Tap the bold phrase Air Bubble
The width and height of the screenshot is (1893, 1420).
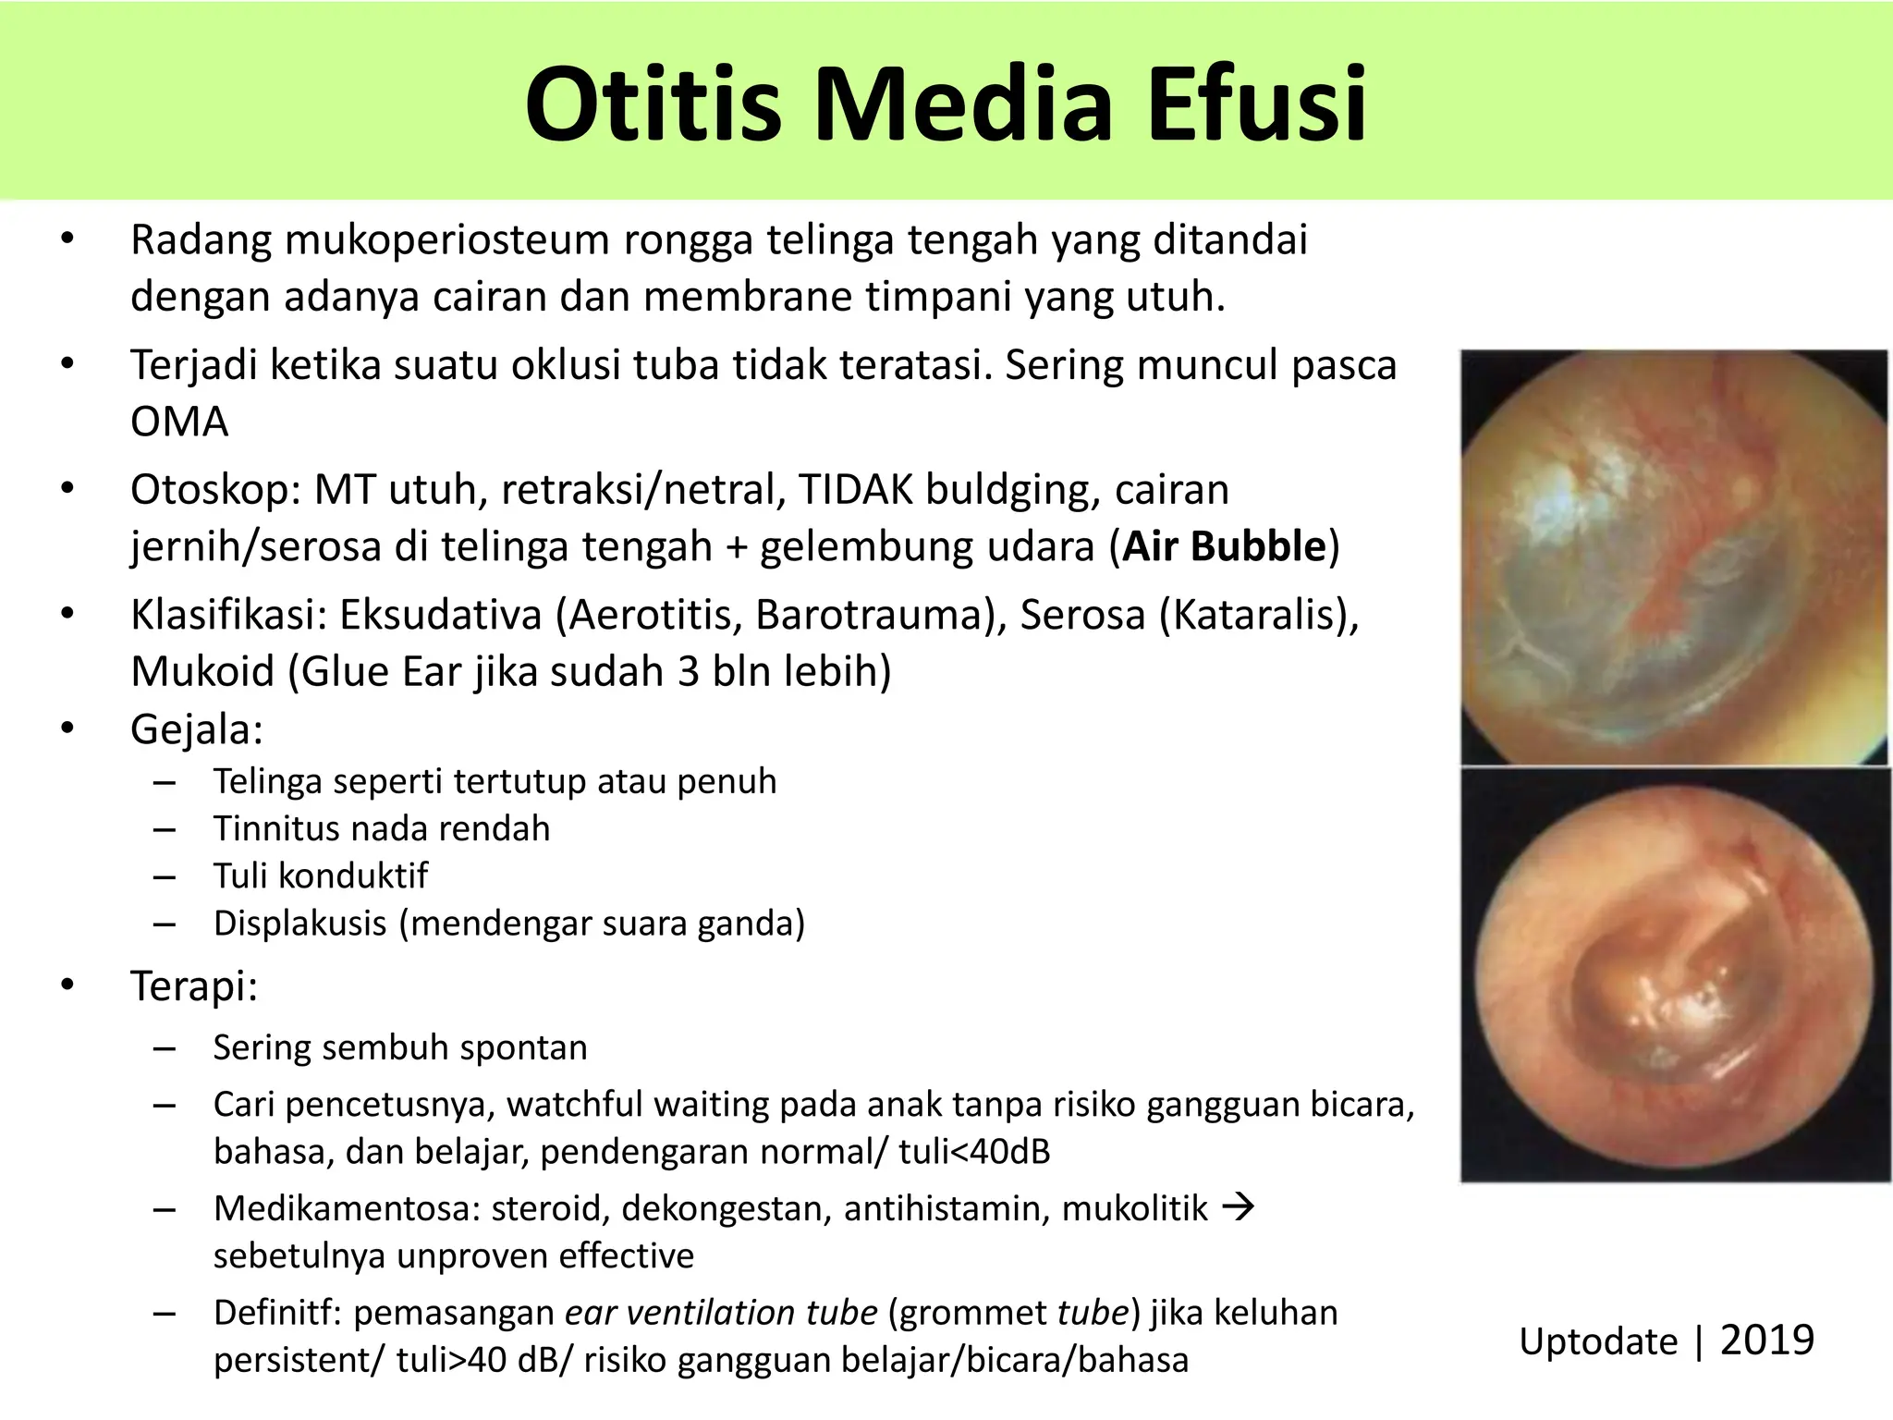[1224, 546]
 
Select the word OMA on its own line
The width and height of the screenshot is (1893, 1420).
[179, 422]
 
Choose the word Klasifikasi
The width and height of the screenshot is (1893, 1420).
[227, 615]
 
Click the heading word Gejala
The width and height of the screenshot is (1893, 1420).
[195, 729]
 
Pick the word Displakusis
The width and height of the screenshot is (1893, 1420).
[299, 923]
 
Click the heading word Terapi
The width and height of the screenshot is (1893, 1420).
[192, 985]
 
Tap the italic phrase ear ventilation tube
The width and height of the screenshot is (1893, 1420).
[721, 1313]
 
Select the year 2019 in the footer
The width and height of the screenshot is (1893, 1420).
[1766, 1340]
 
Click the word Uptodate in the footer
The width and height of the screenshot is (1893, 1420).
[1597, 1341]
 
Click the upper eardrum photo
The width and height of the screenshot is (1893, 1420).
[1673, 557]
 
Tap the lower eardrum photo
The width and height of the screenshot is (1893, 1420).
[1673, 975]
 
